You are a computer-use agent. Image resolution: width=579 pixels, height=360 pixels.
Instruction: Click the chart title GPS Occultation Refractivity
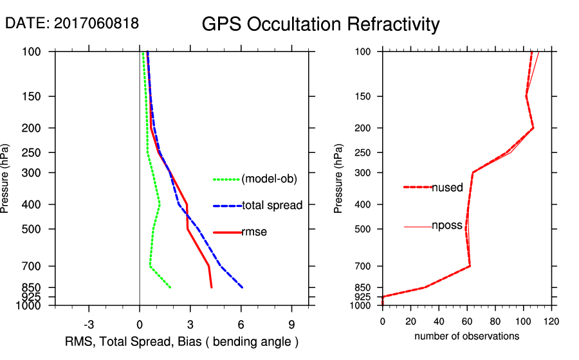point(320,24)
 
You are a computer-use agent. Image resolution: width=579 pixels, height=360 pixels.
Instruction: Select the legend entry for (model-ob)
point(270,179)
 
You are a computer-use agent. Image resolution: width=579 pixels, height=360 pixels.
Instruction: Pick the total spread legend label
point(272,206)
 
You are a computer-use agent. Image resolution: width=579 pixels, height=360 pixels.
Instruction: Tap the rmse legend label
point(254,232)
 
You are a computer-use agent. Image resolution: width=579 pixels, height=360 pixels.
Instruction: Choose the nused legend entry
point(447,188)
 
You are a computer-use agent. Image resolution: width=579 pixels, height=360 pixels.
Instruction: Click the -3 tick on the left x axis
point(89,323)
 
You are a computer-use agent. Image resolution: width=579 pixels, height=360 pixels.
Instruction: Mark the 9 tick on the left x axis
point(291,323)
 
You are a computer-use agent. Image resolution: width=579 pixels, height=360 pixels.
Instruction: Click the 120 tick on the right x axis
point(551,321)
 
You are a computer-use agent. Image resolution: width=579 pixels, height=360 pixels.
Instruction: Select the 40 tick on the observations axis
point(439,321)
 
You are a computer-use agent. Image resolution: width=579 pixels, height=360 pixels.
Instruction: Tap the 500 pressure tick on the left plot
point(39,229)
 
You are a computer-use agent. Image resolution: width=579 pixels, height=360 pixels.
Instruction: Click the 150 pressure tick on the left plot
point(39,96)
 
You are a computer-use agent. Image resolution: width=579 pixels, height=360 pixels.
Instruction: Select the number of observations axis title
point(466,336)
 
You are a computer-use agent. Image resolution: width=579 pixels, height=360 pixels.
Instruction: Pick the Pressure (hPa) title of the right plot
point(338,179)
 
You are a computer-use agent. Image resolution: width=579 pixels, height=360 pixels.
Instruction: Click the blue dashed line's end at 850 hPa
point(242,287)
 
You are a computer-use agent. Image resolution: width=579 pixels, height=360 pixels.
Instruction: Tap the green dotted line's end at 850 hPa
point(170,287)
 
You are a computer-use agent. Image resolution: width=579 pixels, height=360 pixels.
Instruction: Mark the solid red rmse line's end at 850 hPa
point(211,287)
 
